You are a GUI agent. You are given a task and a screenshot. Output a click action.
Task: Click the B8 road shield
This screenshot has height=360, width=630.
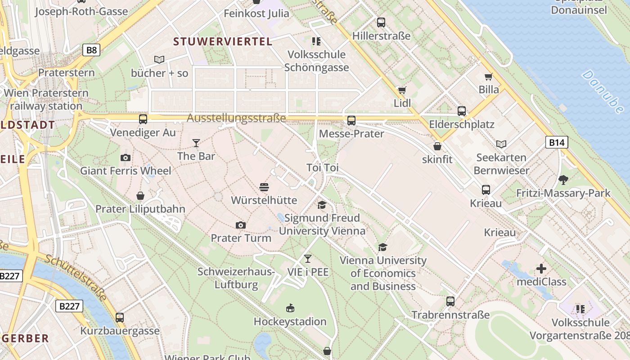click(x=91, y=49)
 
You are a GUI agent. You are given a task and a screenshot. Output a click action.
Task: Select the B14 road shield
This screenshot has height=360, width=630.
click(x=557, y=143)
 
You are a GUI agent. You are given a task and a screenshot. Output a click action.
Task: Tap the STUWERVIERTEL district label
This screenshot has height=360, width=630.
click(x=223, y=42)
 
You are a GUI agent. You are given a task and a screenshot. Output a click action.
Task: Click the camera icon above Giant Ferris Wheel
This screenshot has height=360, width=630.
click(x=126, y=157)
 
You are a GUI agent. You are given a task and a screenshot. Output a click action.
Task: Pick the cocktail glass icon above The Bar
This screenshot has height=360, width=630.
click(x=196, y=143)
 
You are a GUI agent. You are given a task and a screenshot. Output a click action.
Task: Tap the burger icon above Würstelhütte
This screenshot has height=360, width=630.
click(x=264, y=187)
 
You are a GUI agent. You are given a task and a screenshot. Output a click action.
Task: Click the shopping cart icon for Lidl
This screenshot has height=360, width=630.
click(x=402, y=90)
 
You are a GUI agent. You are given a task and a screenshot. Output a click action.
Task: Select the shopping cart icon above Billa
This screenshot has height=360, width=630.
click(x=488, y=76)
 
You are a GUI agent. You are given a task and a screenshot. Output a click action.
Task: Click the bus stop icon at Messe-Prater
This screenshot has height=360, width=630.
click(x=351, y=121)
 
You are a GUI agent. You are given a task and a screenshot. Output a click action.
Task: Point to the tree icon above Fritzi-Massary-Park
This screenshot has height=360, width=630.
click(x=563, y=180)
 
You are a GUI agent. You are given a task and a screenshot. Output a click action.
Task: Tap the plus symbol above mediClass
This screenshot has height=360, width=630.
click(x=541, y=269)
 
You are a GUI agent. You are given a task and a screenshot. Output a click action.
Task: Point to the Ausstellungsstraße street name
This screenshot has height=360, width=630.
click(x=236, y=118)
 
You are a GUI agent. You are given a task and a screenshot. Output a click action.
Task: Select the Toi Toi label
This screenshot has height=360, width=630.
click(x=322, y=168)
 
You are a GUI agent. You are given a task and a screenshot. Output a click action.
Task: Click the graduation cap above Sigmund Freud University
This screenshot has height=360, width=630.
click(x=322, y=205)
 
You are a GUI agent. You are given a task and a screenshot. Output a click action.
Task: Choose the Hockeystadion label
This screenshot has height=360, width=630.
click(x=290, y=322)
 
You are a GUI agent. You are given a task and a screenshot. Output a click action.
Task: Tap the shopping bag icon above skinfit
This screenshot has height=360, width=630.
click(x=437, y=146)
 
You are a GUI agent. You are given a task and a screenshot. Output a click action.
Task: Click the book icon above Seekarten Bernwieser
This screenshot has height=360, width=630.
click(x=501, y=144)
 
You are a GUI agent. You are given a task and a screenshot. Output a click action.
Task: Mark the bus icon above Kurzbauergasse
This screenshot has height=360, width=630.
click(x=119, y=317)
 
